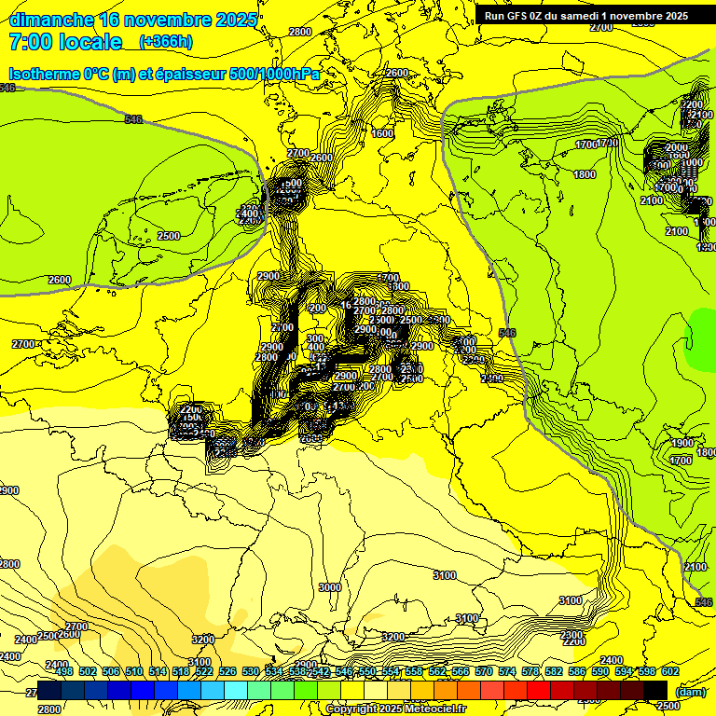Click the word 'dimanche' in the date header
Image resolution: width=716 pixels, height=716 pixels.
pyautogui.click(x=48, y=20)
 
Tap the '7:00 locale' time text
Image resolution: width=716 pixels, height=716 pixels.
pyautogui.click(x=65, y=42)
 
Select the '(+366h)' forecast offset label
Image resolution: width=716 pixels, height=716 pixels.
pyautogui.click(x=166, y=42)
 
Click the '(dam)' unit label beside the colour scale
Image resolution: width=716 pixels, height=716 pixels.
pyautogui.click(x=690, y=693)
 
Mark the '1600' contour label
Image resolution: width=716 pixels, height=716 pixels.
pyautogui.click(x=382, y=133)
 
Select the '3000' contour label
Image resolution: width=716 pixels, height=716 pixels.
pyautogui.click(x=329, y=587)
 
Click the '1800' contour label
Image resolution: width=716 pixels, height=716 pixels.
pyautogui.click(x=585, y=174)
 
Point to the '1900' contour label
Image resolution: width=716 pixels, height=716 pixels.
pyautogui.click(x=682, y=443)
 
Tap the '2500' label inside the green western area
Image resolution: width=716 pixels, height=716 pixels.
pyautogui.click(x=169, y=236)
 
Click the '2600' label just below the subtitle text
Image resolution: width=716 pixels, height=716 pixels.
pyautogui.click(x=397, y=73)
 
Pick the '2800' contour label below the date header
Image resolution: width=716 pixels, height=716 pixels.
pyautogui.click(x=300, y=32)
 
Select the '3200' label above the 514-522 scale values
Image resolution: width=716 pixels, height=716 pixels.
pyautogui.click(x=200, y=639)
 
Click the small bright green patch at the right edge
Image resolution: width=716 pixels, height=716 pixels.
pyautogui.click(x=701, y=341)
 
